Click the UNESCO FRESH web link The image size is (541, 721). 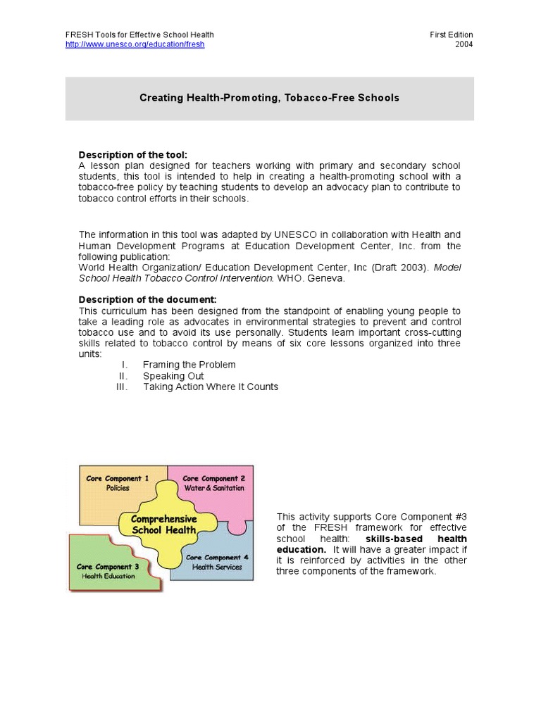tap(135, 44)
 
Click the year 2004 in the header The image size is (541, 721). tap(464, 44)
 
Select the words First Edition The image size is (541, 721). tap(452, 35)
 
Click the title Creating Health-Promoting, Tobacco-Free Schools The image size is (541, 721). tap(269, 98)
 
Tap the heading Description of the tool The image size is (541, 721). tap(133, 155)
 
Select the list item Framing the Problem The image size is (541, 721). tap(189, 365)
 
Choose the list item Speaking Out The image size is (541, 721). tap(173, 376)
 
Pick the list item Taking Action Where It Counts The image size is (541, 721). tap(210, 387)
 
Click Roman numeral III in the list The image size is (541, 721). tap(123, 387)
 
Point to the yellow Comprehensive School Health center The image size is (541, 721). tap(164, 525)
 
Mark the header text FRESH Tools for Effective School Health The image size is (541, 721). tap(139, 35)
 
